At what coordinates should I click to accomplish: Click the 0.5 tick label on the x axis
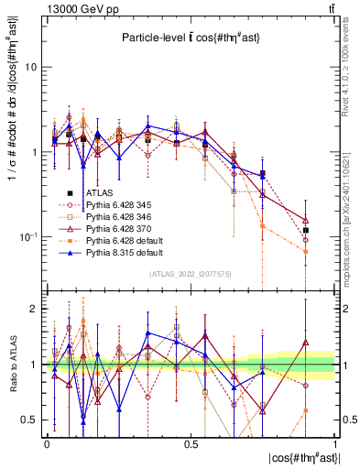click(x=191, y=443)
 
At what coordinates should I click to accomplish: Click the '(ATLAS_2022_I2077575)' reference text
click(x=191, y=274)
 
